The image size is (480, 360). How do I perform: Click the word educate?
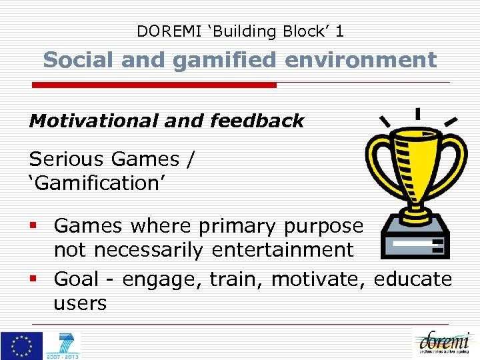point(413,279)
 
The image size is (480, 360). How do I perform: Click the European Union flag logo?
point(21,345)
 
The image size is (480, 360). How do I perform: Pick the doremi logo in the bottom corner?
point(444,343)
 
